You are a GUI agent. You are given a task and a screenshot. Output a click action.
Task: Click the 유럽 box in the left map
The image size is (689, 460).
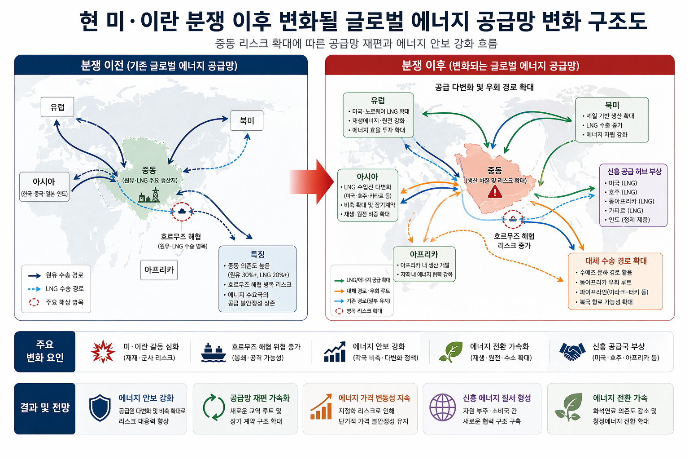pos(57,107)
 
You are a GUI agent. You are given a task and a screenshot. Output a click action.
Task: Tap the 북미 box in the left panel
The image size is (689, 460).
pos(247,120)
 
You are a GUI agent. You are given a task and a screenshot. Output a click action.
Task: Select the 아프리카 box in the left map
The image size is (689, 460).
pos(159,270)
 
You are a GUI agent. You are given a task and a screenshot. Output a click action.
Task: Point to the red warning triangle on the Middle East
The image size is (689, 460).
pos(495,192)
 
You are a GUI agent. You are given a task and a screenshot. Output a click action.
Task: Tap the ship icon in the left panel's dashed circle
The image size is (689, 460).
pos(182,211)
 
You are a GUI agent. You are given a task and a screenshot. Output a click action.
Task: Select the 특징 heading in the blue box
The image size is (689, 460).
pos(257,254)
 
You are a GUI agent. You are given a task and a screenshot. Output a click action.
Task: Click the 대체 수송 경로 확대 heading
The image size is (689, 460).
pos(615,261)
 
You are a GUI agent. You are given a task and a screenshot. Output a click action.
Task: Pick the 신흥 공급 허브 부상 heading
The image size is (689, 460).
pos(634,172)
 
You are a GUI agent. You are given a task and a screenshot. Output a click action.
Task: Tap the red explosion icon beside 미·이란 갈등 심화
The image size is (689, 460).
pos(103,351)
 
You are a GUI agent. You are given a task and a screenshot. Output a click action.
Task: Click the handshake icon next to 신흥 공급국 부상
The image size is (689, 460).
pos(572,351)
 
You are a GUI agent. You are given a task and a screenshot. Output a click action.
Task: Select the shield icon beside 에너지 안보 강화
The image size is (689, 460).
pos(100,408)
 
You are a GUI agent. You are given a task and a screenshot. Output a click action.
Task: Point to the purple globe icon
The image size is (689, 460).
pos(442,407)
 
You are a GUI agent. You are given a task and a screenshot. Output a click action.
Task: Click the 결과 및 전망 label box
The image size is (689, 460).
pos(45,408)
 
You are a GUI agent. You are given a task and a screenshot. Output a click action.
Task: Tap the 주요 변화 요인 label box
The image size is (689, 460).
pos(45,351)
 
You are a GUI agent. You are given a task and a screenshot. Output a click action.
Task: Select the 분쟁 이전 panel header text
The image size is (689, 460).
pos(159,66)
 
